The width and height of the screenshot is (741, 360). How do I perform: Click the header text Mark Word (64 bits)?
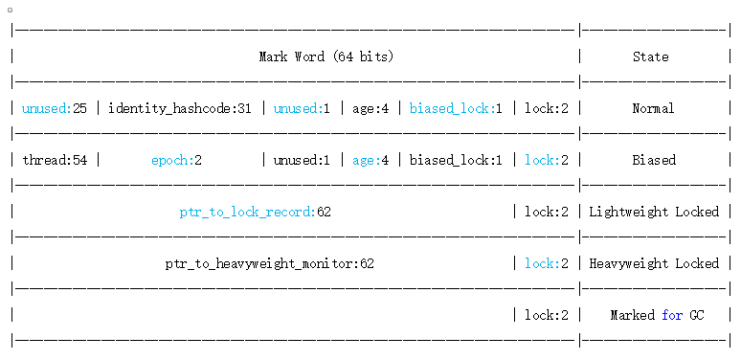pos(326,56)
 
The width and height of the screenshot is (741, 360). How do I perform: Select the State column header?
pos(650,56)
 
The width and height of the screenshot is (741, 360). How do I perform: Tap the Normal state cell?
pos(653,108)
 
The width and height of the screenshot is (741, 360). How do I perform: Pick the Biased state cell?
pos(653,160)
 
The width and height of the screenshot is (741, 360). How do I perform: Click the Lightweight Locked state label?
pos(653,212)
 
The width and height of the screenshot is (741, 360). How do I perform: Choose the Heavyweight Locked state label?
pos(653,263)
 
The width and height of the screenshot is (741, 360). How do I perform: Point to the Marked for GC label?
pos(657,315)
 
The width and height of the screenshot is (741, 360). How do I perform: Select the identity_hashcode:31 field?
pos(180,108)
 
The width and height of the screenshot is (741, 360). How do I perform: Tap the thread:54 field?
pos(55,160)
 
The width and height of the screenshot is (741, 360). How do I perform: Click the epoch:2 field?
pos(176,160)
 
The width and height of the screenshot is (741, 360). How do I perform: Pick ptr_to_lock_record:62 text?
pos(255,212)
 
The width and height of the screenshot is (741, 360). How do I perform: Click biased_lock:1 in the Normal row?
pos(456,108)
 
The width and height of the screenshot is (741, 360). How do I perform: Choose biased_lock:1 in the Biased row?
pos(456,160)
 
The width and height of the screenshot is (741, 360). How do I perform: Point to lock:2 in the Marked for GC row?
pos(547,315)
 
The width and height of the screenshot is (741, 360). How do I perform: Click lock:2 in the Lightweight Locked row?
pos(547,212)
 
